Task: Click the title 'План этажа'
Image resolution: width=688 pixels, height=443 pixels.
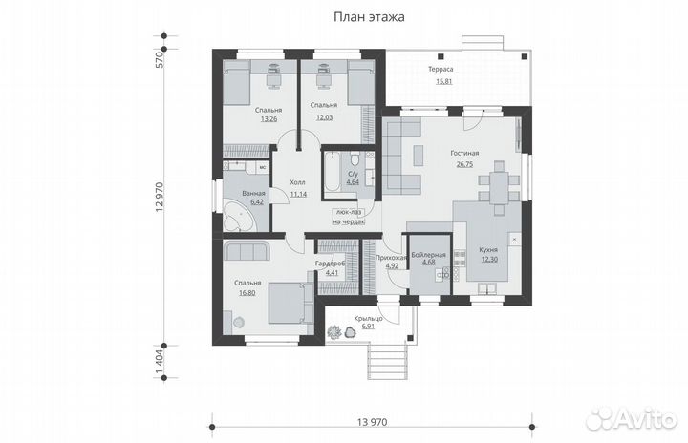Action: tap(369, 17)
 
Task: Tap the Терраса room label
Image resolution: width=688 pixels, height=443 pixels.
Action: tap(441, 69)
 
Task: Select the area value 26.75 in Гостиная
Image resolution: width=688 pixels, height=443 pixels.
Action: tap(464, 164)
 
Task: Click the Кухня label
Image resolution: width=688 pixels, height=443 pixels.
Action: tap(488, 249)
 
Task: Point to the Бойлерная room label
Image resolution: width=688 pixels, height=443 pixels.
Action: tap(428, 255)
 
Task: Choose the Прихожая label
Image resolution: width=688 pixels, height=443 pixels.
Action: tap(392, 258)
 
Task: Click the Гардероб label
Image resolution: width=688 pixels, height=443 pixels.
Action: tap(330, 264)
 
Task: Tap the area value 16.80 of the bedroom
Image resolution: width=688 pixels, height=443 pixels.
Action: tap(247, 293)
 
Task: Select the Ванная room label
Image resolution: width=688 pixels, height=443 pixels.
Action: tap(253, 193)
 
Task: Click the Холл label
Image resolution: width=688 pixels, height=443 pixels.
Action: tap(298, 182)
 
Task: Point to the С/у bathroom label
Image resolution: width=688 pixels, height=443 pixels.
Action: tap(353, 174)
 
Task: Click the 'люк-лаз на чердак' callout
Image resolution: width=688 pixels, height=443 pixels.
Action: tap(350, 216)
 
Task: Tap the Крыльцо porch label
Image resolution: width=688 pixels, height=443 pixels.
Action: tap(368, 319)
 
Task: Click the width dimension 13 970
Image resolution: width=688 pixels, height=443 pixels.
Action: tap(373, 422)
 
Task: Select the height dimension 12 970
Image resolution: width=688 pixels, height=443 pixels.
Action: tap(159, 197)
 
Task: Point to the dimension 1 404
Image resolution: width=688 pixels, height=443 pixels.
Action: tap(159, 362)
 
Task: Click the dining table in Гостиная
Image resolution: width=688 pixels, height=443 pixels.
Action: tap(499, 188)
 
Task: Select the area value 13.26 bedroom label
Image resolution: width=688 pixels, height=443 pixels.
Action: tap(269, 118)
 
